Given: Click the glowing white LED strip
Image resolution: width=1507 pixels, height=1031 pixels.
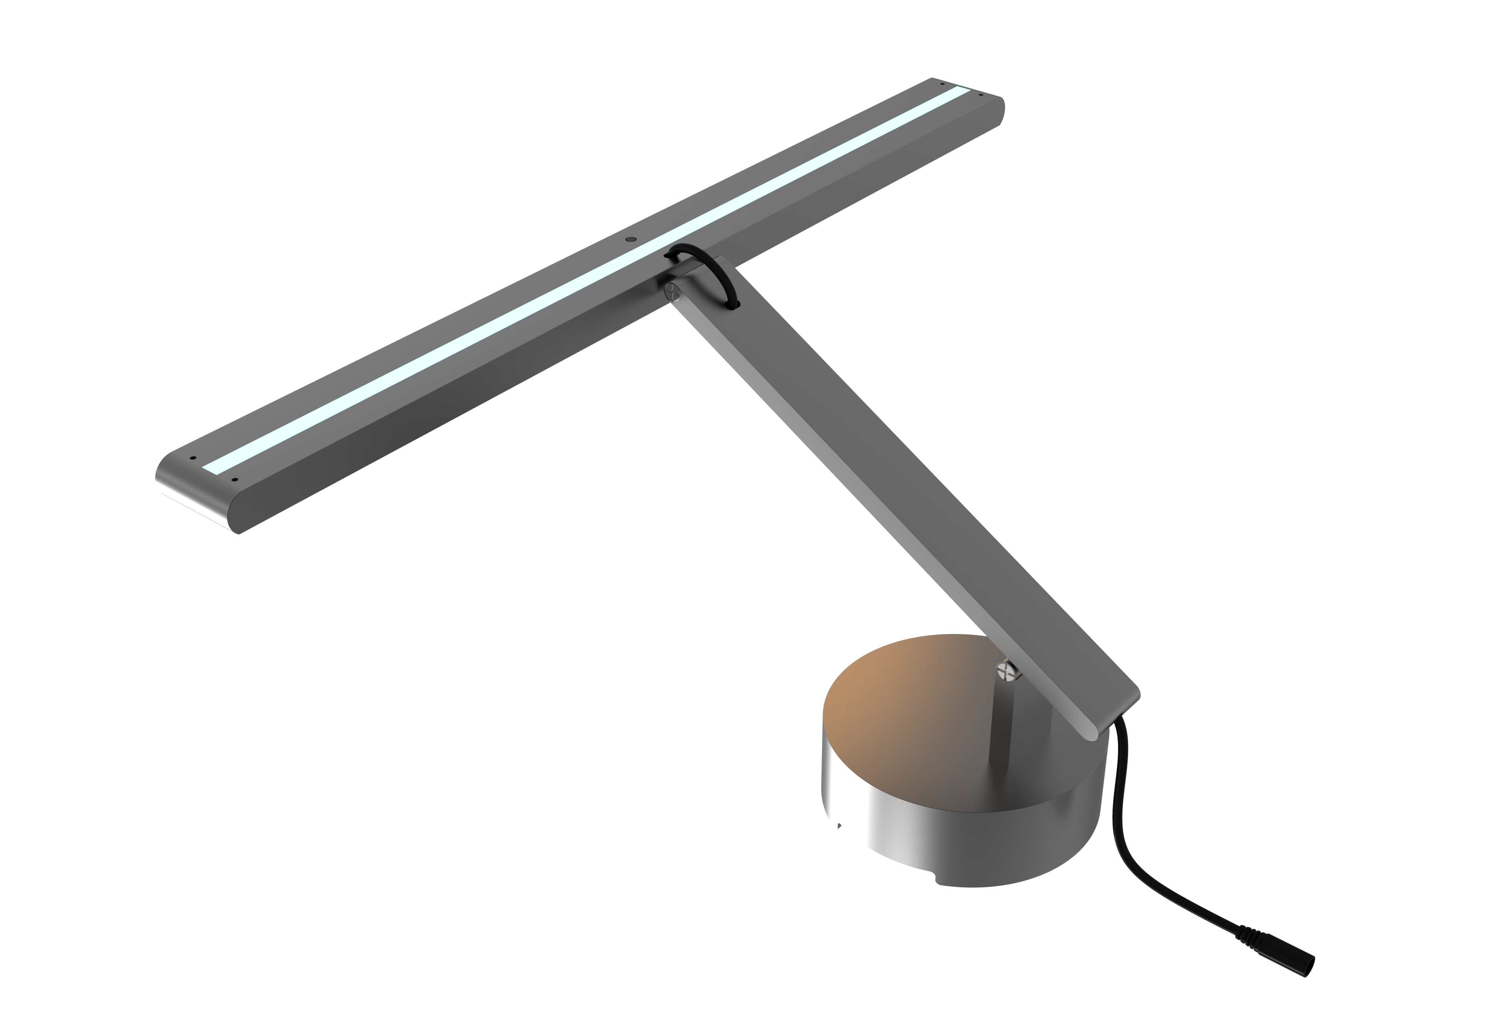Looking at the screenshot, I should (584, 279).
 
